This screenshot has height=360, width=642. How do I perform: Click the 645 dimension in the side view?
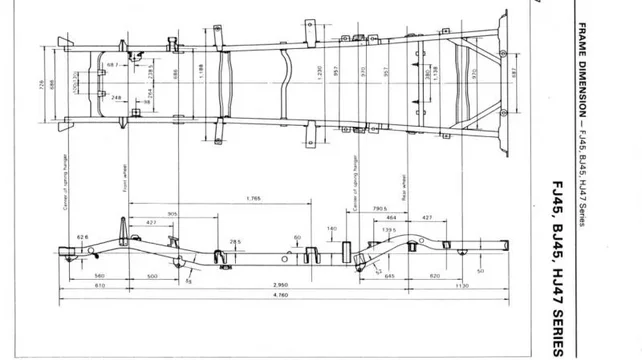(390, 275)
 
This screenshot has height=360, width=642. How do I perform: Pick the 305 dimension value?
(172, 214)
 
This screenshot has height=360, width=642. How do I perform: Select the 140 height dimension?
(332, 229)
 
